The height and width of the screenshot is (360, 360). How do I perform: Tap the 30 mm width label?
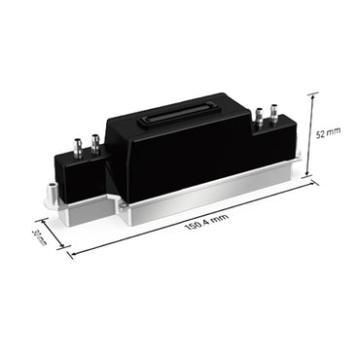click(39, 237)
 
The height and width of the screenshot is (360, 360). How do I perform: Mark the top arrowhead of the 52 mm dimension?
click(314, 94)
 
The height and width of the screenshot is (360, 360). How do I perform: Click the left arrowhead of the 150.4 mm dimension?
click(69, 256)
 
